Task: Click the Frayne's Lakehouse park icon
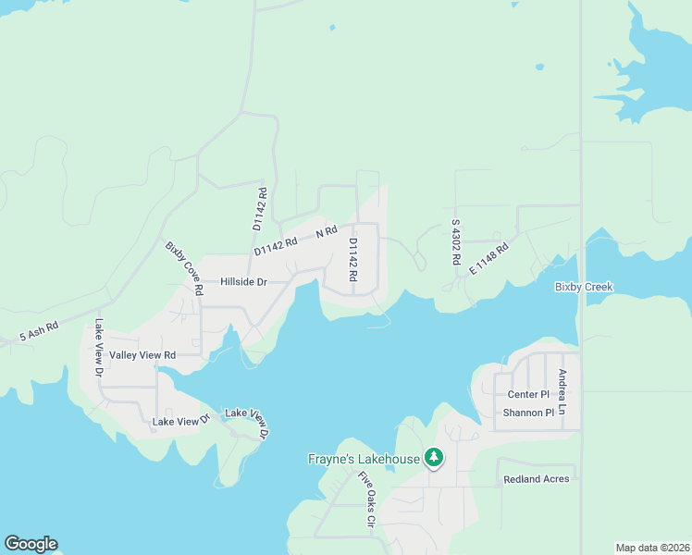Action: click(433, 457)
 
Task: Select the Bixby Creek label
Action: click(584, 287)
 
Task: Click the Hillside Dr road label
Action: click(243, 282)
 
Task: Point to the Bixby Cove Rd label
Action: click(184, 268)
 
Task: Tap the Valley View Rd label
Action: click(142, 355)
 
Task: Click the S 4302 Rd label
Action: click(456, 242)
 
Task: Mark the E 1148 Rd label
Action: click(489, 258)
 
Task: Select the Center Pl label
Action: click(528, 395)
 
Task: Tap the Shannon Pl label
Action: click(528, 413)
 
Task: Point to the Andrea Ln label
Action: click(562, 391)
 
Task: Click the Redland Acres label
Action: click(537, 480)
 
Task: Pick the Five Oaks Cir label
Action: click(366, 499)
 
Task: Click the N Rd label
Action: click(326, 234)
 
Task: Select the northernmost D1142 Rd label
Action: click(260, 209)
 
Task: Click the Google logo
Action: click(31, 544)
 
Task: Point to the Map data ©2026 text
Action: click(651, 548)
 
